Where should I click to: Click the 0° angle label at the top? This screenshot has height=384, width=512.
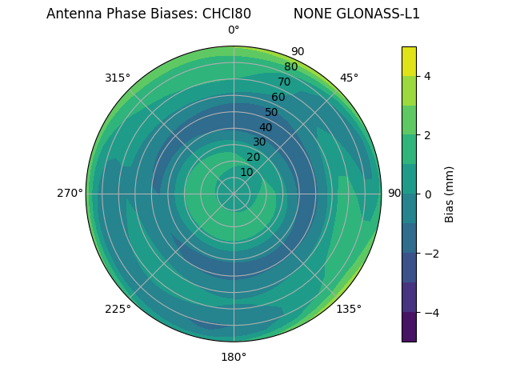(x=234, y=30)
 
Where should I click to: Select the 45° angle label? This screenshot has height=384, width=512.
(x=349, y=78)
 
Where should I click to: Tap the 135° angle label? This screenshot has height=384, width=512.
(x=349, y=309)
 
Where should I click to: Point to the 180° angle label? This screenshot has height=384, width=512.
(x=234, y=357)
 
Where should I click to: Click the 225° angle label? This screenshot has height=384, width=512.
(x=118, y=309)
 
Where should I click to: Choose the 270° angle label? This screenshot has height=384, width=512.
(x=70, y=193)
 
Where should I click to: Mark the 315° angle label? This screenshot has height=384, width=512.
(x=118, y=78)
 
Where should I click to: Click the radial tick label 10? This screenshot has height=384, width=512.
(x=246, y=172)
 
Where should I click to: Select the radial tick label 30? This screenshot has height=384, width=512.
(x=259, y=142)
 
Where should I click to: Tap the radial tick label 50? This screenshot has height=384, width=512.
(x=272, y=112)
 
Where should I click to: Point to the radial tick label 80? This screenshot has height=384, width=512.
(x=290, y=67)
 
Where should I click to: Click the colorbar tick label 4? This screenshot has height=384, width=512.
(x=427, y=76)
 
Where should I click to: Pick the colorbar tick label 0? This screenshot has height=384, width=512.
(x=427, y=194)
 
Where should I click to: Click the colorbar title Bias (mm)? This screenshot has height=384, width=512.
(x=450, y=194)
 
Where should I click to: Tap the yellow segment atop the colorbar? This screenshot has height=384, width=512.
(x=409, y=61)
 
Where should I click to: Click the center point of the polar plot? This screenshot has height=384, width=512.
(x=234, y=194)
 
